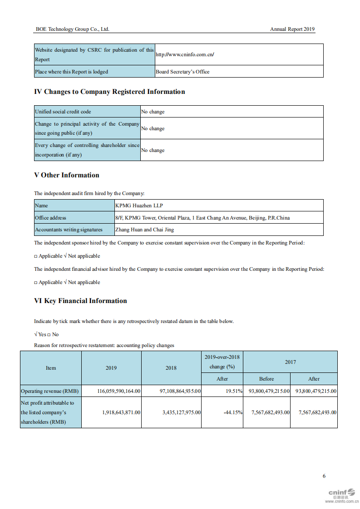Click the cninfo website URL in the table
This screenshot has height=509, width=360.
coord(185,54)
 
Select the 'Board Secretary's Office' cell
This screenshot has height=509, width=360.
coord(182,72)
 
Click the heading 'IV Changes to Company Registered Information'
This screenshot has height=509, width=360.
coord(109,92)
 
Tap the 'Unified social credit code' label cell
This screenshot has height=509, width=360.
coord(63,112)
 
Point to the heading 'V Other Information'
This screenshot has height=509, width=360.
coord(66,175)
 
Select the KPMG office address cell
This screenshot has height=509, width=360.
coord(202,218)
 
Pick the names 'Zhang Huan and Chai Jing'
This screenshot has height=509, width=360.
coord(144,230)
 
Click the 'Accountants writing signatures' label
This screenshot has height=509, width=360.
coord(69,230)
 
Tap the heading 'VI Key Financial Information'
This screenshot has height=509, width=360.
coord(80,301)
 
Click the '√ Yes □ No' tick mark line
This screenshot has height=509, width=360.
coord(46,334)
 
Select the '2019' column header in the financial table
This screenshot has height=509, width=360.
coord(111,368)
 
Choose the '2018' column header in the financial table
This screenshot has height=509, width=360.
coord(171,368)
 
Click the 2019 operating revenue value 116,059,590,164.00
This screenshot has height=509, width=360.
coord(119,391)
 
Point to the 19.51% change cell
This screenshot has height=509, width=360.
coord(234,391)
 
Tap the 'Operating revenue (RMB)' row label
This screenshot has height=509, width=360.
coord(50,391)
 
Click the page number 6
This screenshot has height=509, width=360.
coord(324,476)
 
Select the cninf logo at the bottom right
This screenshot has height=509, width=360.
coord(341,493)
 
